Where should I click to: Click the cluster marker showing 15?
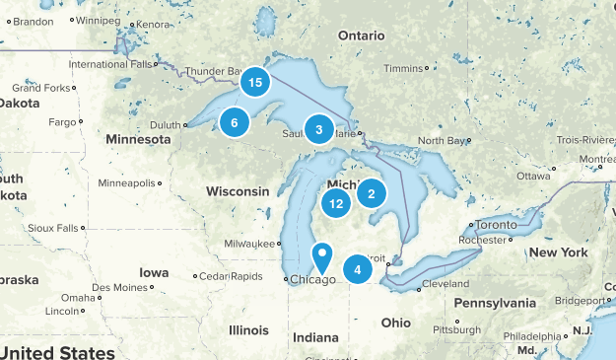pyautogui.click(x=255, y=83)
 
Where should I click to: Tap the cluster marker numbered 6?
pyautogui.click(x=234, y=122)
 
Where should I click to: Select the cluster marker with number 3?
pyautogui.click(x=318, y=129)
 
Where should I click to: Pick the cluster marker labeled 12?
pyautogui.click(x=337, y=204)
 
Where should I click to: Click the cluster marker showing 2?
pyautogui.click(x=372, y=193)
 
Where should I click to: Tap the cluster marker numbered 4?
pyautogui.click(x=358, y=269)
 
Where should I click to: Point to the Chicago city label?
pyautogui.click(x=315, y=280)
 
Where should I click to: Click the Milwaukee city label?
pyautogui.click(x=251, y=243)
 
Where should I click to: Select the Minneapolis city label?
pyautogui.click(x=126, y=182)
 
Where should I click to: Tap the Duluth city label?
pyautogui.click(x=166, y=125)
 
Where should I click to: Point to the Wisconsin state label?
pyautogui.click(x=238, y=190)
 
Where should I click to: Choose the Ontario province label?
pyautogui.click(x=361, y=35)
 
